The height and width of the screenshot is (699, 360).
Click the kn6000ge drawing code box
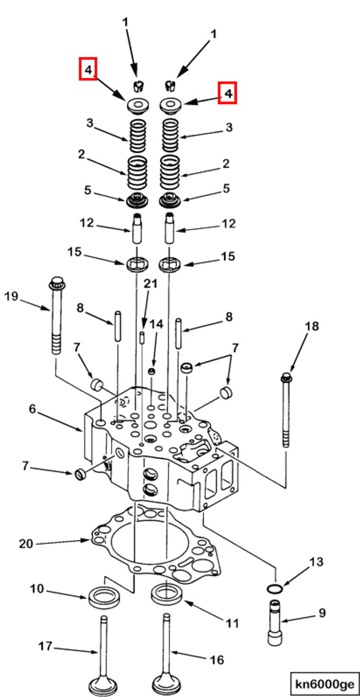click(x=325, y=684)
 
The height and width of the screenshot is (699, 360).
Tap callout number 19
click(x=11, y=296)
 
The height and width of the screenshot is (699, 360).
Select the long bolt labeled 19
click(x=57, y=315)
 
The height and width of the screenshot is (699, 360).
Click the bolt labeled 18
click(x=286, y=410)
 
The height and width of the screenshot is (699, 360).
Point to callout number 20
click(x=26, y=544)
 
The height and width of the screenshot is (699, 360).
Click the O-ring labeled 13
click(x=275, y=589)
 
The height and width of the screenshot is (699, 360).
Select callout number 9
click(x=323, y=613)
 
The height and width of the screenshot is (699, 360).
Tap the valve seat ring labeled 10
click(x=104, y=597)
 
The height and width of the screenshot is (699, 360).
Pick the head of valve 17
click(x=103, y=686)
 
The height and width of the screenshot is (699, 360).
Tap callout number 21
click(x=151, y=284)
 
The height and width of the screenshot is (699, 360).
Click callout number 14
click(x=156, y=324)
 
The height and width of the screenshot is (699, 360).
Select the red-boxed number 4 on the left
click(x=88, y=69)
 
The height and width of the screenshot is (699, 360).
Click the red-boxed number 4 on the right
click(x=228, y=93)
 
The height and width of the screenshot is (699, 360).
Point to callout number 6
click(x=32, y=409)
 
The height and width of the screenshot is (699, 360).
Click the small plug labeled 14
click(x=152, y=371)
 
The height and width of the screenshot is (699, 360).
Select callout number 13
click(x=316, y=562)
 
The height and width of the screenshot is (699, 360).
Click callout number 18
click(x=312, y=326)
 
